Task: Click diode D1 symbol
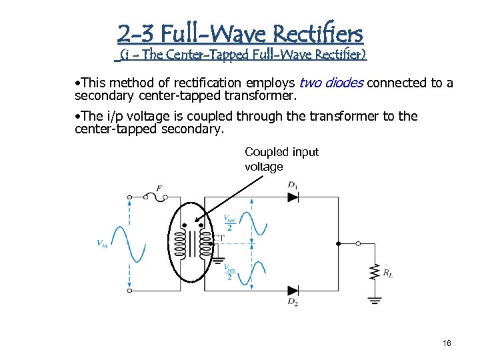(293, 197)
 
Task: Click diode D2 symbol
(293, 291)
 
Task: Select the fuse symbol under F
(159, 197)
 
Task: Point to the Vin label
(102, 244)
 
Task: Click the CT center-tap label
(218, 237)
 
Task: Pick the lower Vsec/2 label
(229, 272)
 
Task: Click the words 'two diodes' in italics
(331, 83)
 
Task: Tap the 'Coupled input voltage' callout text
(281, 159)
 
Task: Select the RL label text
(387, 273)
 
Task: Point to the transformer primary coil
(179, 245)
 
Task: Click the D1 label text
(293, 185)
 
